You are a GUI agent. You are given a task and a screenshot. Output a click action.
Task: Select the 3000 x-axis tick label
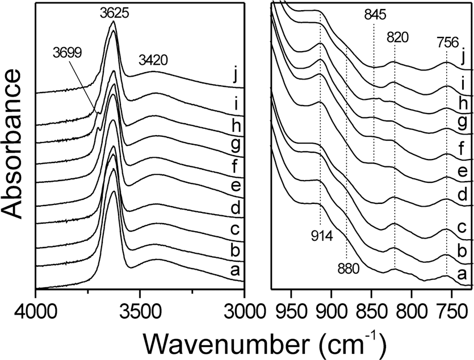click(x=243, y=310)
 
